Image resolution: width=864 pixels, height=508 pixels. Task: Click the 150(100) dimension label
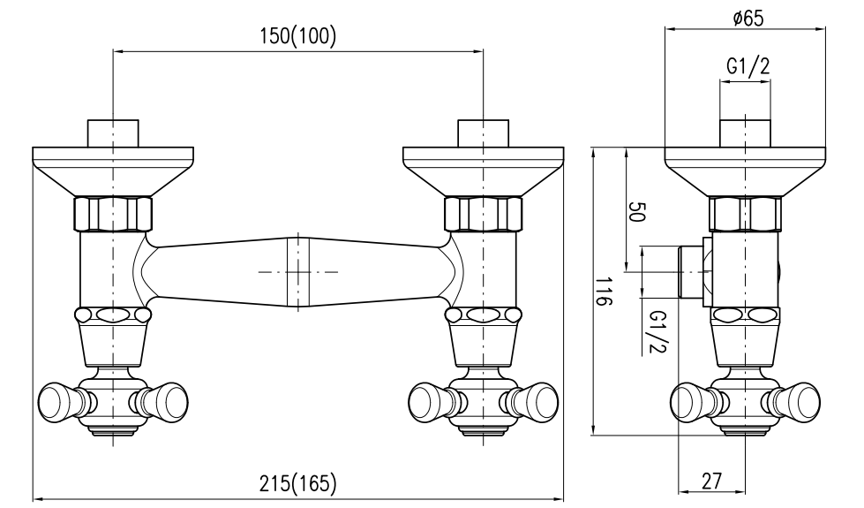click(297, 38)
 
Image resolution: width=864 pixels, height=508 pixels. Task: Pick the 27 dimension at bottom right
click(712, 481)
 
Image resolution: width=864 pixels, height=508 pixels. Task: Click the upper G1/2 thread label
click(746, 66)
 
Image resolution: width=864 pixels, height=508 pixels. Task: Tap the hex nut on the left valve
click(112, 212)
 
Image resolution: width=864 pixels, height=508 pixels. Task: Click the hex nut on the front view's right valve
click(483, 212)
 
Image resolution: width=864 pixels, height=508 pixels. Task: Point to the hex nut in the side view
click(746, 212)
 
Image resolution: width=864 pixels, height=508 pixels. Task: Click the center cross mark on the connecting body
click(298, 271)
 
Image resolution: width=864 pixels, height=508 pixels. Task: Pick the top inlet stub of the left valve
click(113, 133)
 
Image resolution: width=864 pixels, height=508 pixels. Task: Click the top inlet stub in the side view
click(746, 133)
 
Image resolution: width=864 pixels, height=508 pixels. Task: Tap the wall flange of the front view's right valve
click(483, 168)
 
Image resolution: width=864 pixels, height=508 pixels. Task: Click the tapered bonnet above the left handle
click(112, 345)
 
